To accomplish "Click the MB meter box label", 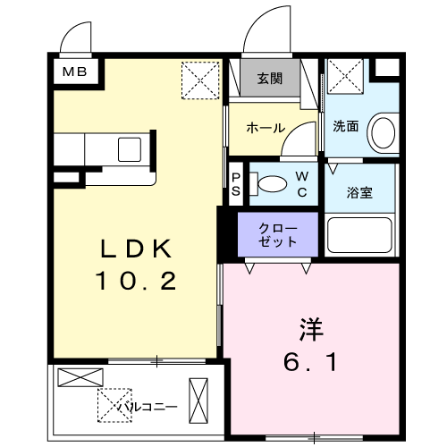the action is (x=74, y=72).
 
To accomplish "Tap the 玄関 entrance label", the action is (x=270, y=79).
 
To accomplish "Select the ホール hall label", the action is (x=266, y=128).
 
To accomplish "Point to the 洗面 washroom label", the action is (x=346, y=126).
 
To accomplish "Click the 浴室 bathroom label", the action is (x=359, y=192).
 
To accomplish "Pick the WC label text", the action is (x=302, y=185).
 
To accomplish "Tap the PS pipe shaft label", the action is (x=236, y=185).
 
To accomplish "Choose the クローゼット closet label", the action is (x=278, y=235).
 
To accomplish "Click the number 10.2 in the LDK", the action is (x=136, y=282).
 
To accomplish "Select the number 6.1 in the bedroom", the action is (x=310, y=362).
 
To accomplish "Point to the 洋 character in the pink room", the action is (x=311, y=330).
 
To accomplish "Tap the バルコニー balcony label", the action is (x=148, y=407).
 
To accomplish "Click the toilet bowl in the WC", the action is (x=273, y=184).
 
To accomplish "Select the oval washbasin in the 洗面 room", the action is (x=384, y=133).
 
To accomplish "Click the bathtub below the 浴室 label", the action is (x=359, y=235).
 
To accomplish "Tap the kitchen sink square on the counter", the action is (x=130, y=149).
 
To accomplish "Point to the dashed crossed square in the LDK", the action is (x=200, y=80).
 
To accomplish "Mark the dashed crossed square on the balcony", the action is (x=114, y=405).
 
